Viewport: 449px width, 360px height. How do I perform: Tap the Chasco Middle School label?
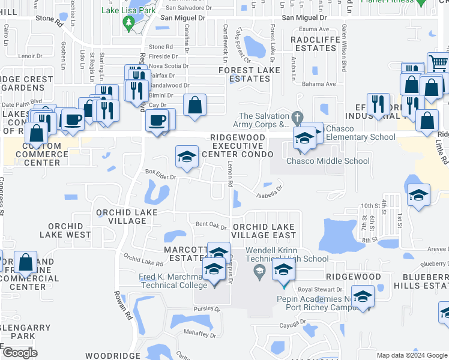pyautogui.click(x=328, y=161)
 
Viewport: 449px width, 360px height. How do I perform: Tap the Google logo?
pyautogui.click(x=20, y=353)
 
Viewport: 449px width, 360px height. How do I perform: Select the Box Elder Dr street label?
pyautogui.click(x=160, y=177)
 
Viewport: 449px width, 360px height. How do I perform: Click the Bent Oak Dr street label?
pyautogui.click(x=211, y=224)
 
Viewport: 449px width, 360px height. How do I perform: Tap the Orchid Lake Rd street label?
pyautogui.click(x=143, y=260)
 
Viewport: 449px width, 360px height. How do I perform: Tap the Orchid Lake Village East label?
pyautogui.click(x=264, y=231)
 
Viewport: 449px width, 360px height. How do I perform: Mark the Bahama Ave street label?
pyautogui.click(x=318, y=84)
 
